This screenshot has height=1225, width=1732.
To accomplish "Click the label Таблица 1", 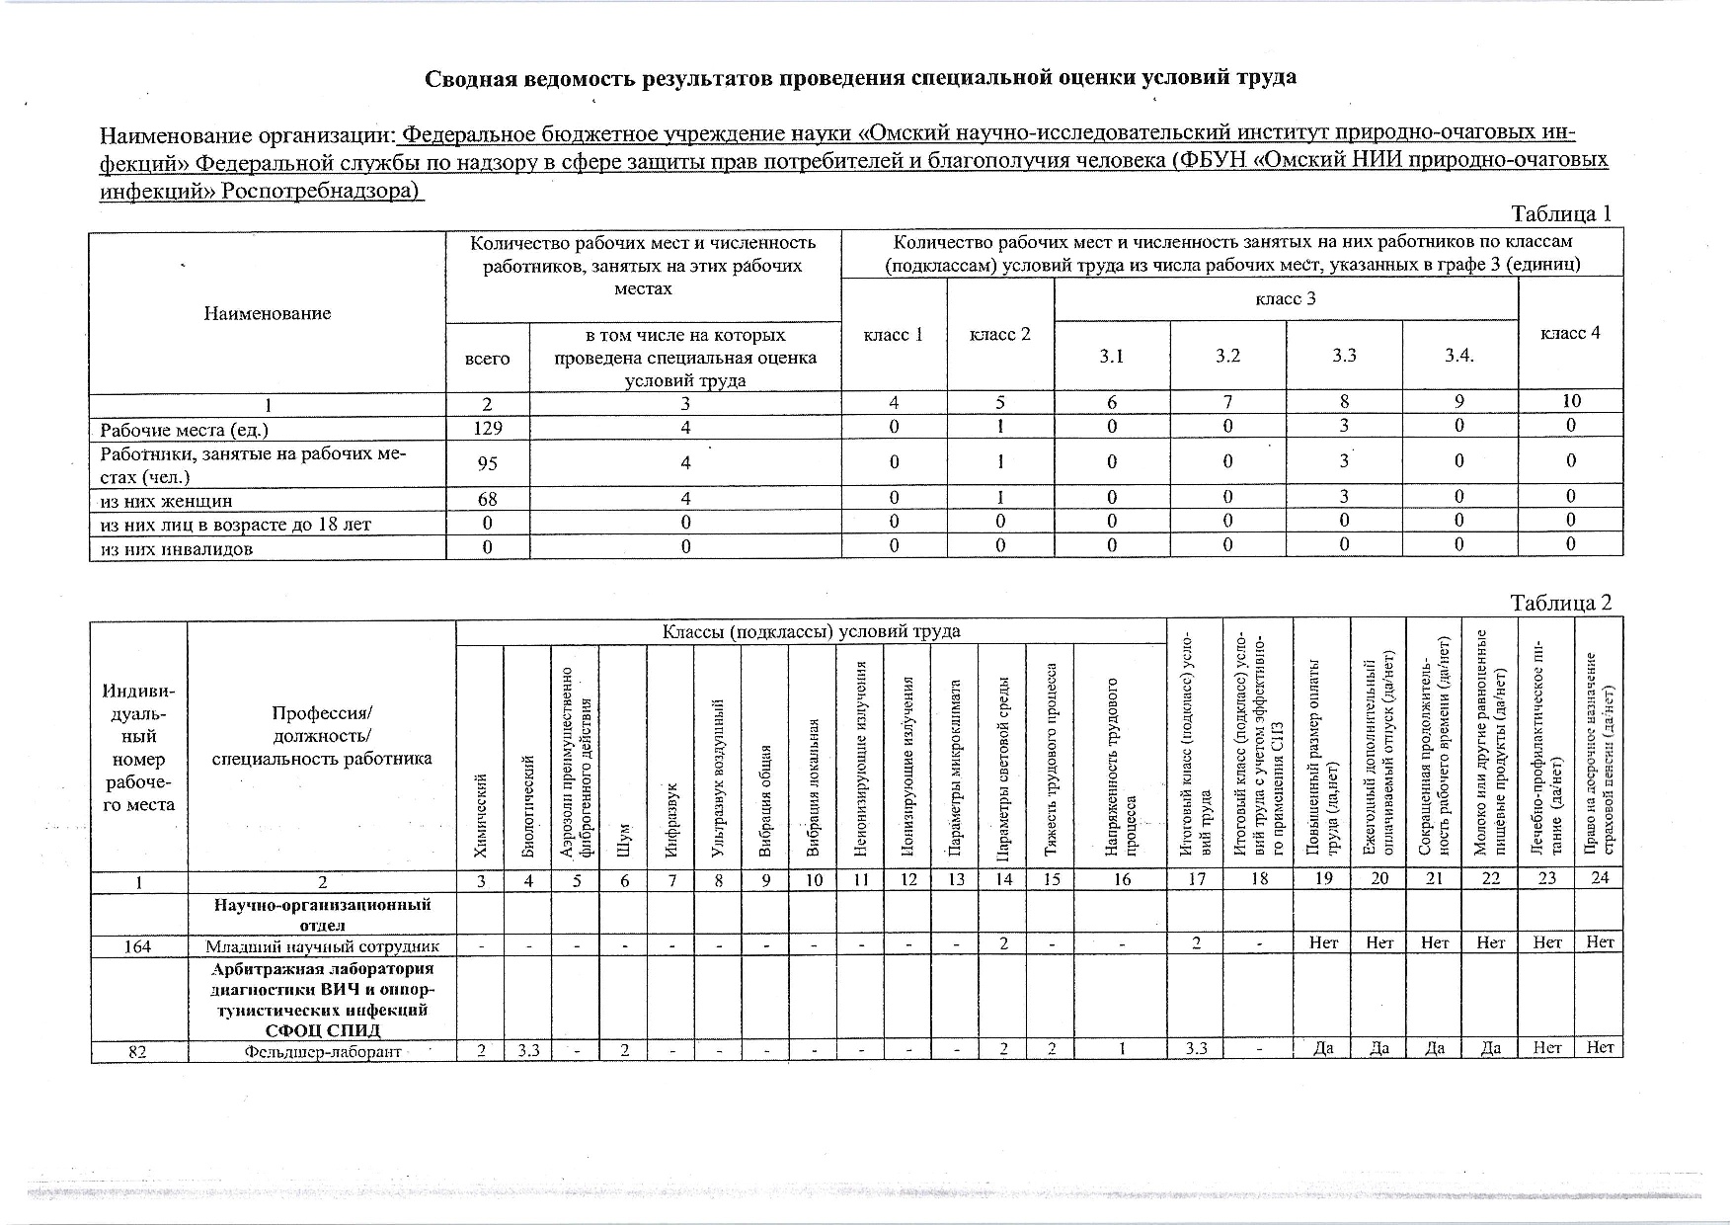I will point(1561,213).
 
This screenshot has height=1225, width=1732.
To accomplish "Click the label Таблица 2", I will point(1561,603).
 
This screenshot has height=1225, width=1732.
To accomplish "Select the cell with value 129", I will point(487,428).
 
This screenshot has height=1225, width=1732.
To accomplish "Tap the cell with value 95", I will point(487,462).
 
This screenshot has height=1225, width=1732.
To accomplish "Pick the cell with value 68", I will point(487,500).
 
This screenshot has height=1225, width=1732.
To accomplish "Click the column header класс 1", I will point(893,334).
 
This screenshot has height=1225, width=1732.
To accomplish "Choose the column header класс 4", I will point(1569,333).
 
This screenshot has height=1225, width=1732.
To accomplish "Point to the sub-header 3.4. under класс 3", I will point(1458,356).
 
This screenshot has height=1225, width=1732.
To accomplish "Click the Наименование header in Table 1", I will point(267,313).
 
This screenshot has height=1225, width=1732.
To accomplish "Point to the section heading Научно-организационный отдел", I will point(323,914).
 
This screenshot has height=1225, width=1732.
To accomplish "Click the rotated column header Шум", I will point(623,841).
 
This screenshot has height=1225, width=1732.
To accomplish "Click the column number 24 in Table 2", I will point(1599,878).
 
